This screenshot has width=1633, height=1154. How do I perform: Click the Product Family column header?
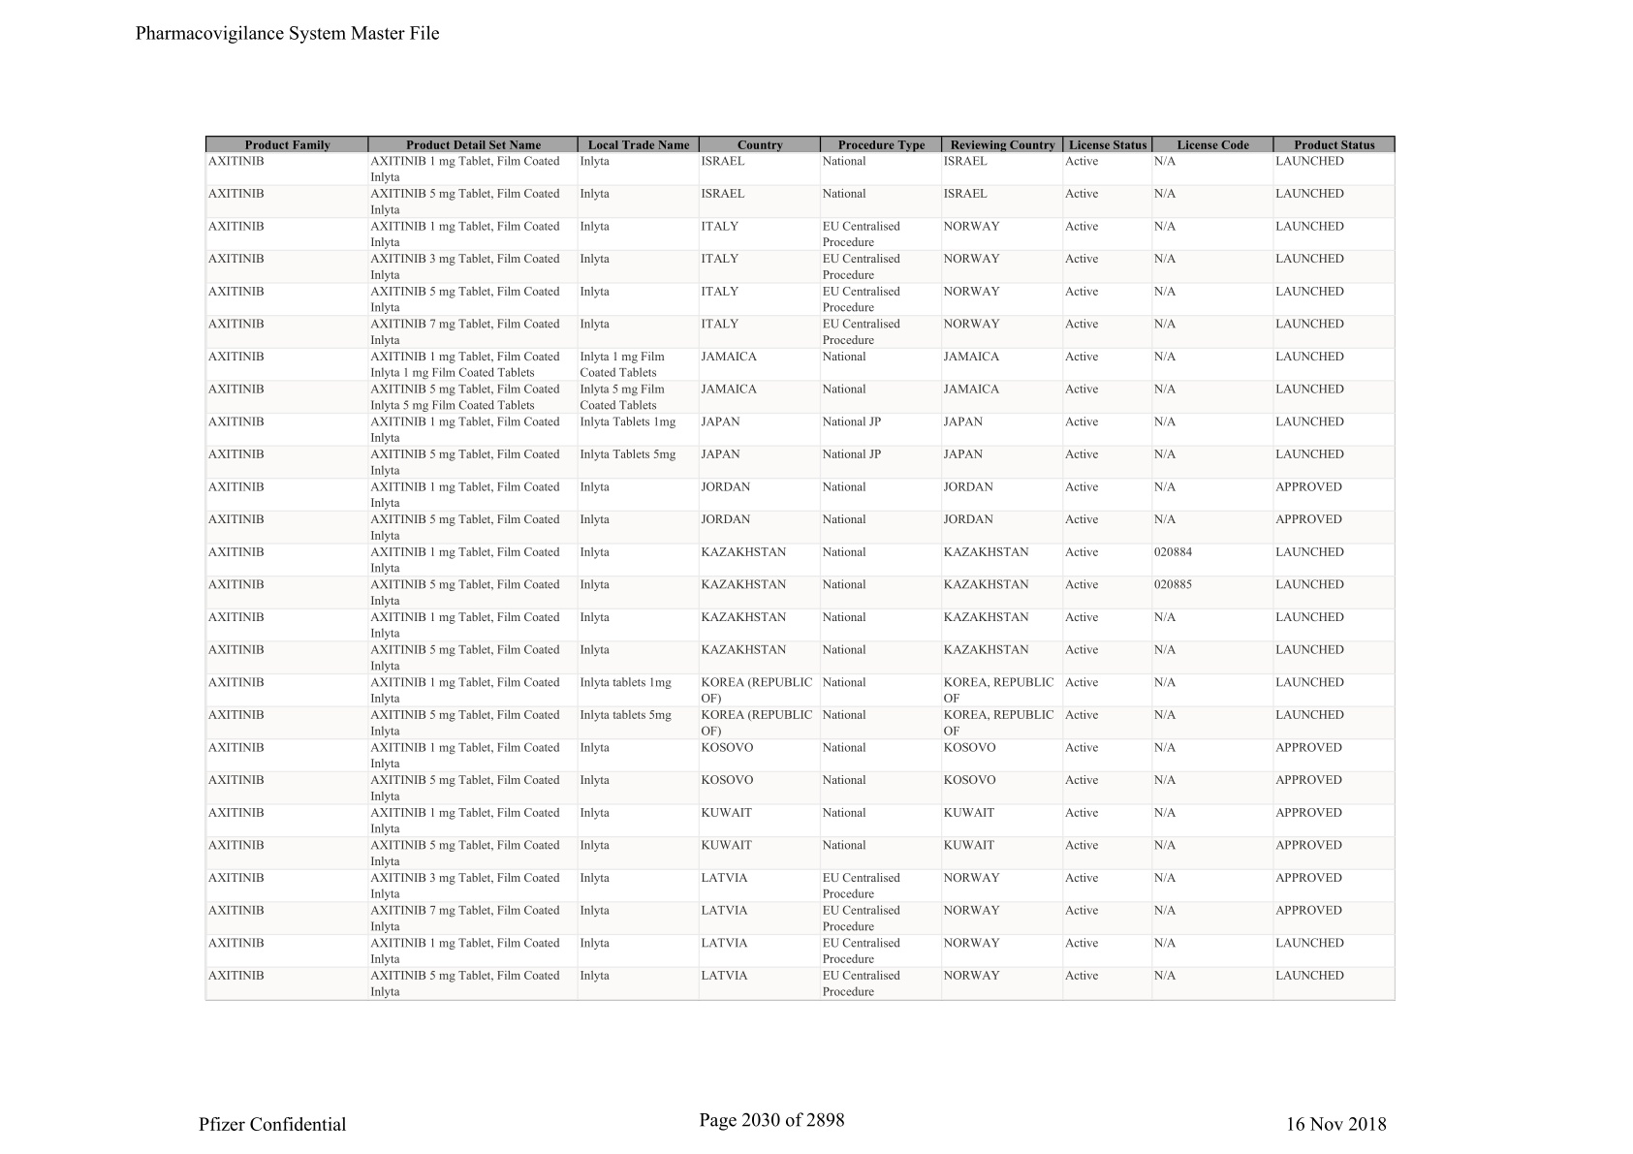click(287, 145)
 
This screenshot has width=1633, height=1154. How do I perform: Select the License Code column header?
click(1212, 145)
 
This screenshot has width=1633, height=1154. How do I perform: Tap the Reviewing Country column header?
click(1002, 145)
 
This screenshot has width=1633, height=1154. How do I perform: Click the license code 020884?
click(1173, 552)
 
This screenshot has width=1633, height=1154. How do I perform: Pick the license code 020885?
click(1173, 585)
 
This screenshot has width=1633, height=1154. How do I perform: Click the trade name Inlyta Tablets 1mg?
click(627, 422)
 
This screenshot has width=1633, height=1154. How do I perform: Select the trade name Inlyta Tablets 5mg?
click(627, 454)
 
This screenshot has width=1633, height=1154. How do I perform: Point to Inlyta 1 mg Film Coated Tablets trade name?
click(622, 364)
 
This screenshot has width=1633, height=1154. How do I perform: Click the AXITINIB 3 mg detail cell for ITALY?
click(465, 266)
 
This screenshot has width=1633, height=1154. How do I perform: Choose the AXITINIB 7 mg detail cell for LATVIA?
click(465, 918)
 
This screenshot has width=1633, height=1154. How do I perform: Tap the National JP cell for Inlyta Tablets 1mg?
click(851, 422)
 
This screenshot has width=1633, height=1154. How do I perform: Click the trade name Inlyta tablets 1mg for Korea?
click(625, 683)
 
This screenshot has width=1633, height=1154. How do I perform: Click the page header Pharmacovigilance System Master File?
click(287, 34)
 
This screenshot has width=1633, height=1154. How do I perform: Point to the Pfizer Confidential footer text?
click(272, 1124)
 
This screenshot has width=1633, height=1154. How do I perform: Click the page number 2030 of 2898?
click(771, 1120)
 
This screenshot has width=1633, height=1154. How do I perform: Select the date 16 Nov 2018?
click(1335, 1124)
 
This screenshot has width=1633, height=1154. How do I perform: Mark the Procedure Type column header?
click(881, 145)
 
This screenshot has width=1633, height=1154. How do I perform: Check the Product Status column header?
click(1334, 145)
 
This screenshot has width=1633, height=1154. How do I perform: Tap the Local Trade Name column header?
click(639, 145)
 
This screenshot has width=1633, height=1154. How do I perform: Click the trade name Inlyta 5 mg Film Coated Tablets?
click(622, 397)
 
